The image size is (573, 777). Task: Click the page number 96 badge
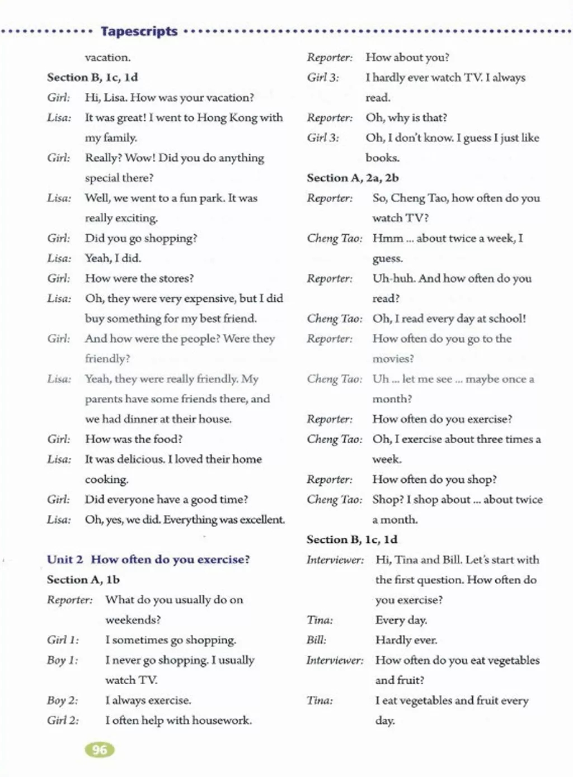pos(100,750)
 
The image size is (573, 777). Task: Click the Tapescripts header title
pos(139,31)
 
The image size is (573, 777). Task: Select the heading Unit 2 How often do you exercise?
pos(148,560)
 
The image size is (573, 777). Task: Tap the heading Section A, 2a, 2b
pos(353,178)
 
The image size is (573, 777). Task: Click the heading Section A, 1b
pos(83,580)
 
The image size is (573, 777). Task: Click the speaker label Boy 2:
pos(62,700)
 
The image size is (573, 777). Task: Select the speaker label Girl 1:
pos(63,640)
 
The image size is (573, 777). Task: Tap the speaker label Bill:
pos(316,640)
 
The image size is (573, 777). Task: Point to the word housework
pos(224,721)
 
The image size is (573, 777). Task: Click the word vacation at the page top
pos(107,57)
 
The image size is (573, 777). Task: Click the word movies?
pos(393,359)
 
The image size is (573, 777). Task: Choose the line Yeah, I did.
pos(113,258)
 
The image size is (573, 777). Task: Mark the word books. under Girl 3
pos(383,158)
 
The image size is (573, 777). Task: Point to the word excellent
pos(262,519)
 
